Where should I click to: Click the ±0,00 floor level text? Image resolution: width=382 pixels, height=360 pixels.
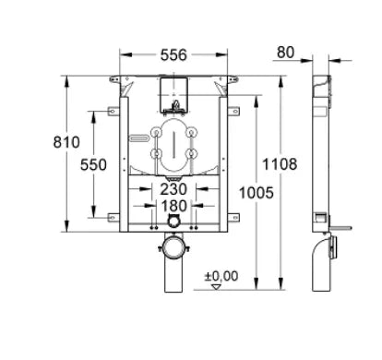pyautogui.click(x=221, y=275)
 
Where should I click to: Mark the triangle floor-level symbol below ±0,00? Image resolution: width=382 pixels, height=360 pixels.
pyautogui.click(x=217, y=287)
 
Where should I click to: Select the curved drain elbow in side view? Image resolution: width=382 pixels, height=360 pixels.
pyautogui.click(x=328, y=254)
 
